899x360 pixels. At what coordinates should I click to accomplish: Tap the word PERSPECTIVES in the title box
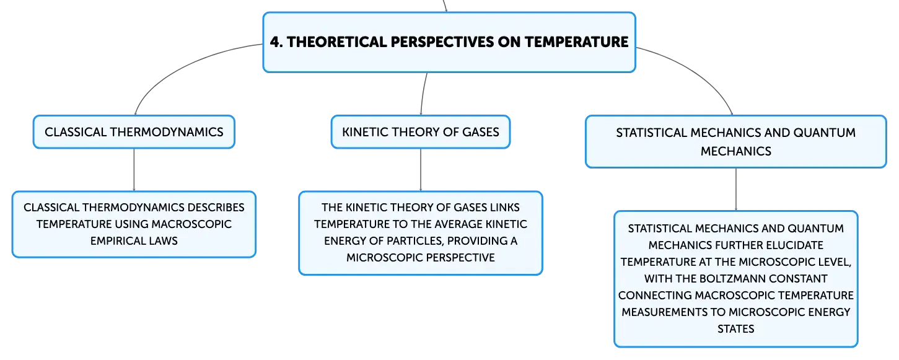pyautogui.click(x=442, y=42)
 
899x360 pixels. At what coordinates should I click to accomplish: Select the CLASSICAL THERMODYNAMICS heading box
pyautogui.click(x=134, y=132)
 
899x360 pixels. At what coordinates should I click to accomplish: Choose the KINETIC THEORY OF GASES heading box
pyautogui.click(x=421, y=132)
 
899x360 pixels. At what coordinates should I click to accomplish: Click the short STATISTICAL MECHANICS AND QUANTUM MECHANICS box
pyautogui.click(x=736, y=142)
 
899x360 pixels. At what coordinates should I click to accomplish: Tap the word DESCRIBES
pyautogui.click(x=216, y=208)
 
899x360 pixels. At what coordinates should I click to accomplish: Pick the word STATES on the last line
pyautogui.click(x=735, y=329)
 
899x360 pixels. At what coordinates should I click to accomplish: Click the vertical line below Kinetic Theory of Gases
pyautogui.click(x=421, y=170)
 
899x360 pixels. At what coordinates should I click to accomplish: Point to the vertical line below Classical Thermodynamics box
pyautogui.click(x=134, y=170)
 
